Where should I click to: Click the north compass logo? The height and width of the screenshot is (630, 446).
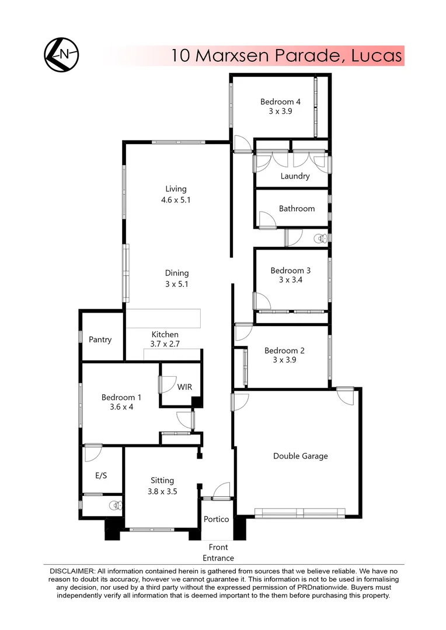pos(61,54)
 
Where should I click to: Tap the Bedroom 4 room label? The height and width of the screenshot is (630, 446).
pos(280,102)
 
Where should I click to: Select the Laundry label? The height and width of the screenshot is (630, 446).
pos(295,176)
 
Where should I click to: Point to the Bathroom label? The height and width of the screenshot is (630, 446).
pos(297,208)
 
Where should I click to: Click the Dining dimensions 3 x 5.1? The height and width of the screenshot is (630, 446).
pos(176,284)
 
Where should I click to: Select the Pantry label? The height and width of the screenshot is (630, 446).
pos(100,339)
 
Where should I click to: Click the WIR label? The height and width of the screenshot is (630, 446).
pos(185,387)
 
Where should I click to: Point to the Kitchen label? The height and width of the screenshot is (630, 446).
pos(165,334)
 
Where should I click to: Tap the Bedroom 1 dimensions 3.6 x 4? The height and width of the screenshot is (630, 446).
pos(121,407)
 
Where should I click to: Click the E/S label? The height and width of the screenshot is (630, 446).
pos(100,475)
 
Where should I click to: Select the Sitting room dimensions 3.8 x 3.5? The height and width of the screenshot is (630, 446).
pos(162,491)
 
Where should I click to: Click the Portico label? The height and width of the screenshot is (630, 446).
pos(216,519)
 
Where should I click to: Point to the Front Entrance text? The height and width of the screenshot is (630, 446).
pos(218,552)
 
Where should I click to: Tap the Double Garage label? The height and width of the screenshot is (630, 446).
pos(300,456)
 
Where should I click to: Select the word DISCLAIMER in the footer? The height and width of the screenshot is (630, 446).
pos(71,570)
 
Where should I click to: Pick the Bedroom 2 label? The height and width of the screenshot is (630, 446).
pos(284,351)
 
